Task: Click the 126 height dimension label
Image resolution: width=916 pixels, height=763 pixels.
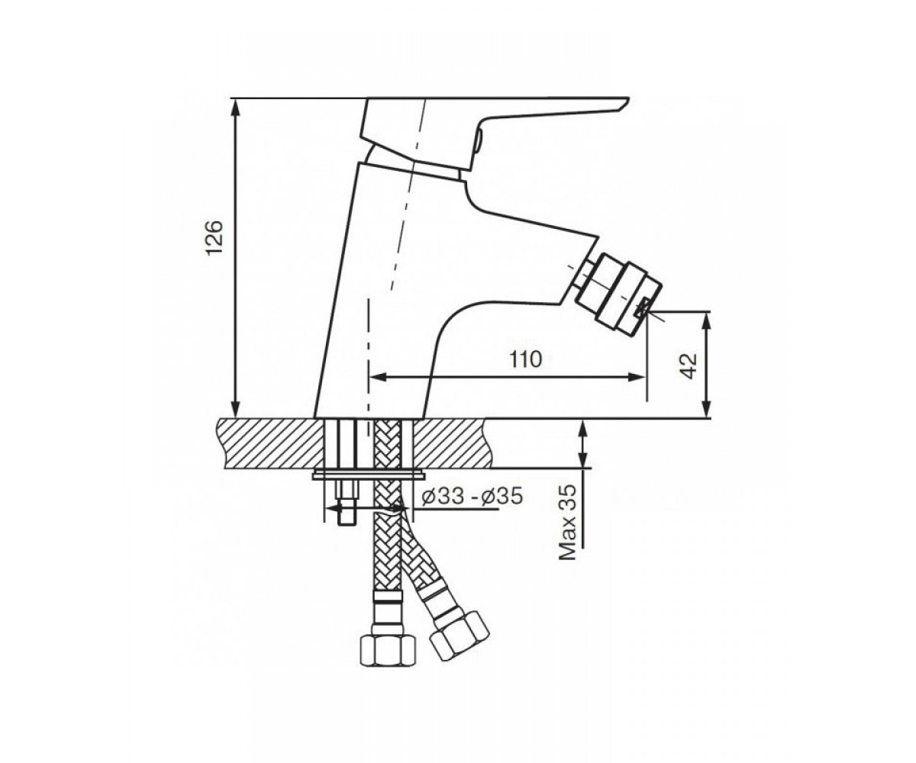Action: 215,237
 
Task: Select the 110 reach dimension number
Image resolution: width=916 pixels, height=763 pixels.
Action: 526,359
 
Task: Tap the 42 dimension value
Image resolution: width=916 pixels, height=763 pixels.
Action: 689,365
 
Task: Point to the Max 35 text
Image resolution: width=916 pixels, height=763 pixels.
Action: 568,523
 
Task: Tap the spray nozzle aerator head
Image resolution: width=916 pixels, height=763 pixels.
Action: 618,293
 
